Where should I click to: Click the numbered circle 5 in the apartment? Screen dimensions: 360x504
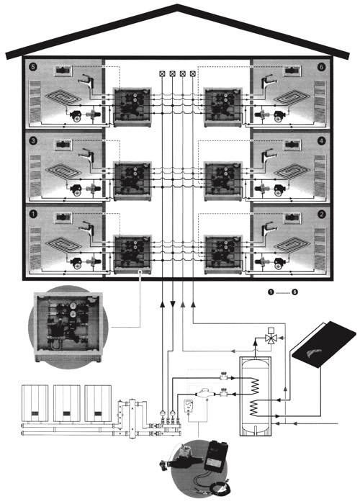click(x=33, y=67)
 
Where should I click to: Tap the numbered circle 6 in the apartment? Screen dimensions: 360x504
click(x=321, y=67)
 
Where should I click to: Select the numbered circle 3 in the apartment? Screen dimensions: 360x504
click(x=33, y=140)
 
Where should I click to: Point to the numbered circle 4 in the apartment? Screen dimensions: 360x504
click(x=321, y=140)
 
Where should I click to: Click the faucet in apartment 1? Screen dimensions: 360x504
click(x=86, y=229)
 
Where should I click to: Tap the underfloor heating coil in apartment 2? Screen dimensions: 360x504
click(x=292, y=246)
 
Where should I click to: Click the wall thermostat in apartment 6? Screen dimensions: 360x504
click(x=292, y=71)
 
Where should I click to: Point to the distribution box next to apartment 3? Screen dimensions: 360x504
click(x=132, y=181)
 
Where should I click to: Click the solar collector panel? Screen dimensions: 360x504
click(x=325, y=344)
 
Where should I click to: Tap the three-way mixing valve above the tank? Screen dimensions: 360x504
click(x=271, y=338)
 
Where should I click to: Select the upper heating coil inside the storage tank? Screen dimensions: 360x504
click(x=255, y=385)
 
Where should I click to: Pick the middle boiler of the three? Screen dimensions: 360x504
click(x=66, y=403)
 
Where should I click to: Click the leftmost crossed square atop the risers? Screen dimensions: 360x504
click(x=162, y=73)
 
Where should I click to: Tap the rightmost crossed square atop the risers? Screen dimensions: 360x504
click(x=193, y=73)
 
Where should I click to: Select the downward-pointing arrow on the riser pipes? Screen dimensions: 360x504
click(x=173, y=304)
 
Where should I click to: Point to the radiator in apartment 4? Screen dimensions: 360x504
click(x=320, y=176)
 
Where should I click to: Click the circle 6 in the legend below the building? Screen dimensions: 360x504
click(x=294, y=292)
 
